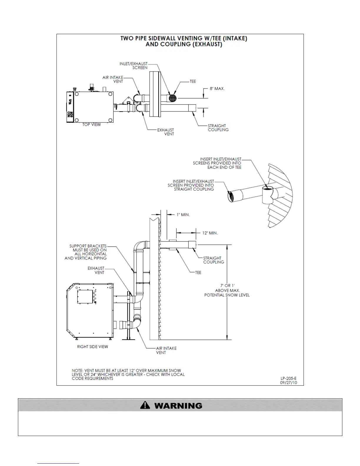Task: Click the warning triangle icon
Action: click(x=145, y=405)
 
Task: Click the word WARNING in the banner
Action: click(x=178, y=406)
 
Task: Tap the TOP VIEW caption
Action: click(x=91, y=124)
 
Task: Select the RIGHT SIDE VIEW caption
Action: click(x=92, y=347)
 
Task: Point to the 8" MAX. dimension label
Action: click(x=217, y=89)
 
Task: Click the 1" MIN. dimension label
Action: click(x=183, y=215)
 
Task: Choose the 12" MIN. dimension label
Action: click(x=210, y=233)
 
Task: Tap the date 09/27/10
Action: click(x=289, y=383)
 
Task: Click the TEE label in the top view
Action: click(x=193, y=81)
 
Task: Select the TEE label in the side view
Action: click(x=198, y=273)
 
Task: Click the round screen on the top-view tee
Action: click(x=173, y=97)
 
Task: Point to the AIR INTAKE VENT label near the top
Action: click(x=113, y=79)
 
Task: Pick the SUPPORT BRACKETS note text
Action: click(x=86, y=252)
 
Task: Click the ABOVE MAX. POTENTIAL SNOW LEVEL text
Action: click(x=227, y=293)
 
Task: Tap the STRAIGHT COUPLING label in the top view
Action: click(x=218, y=128)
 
